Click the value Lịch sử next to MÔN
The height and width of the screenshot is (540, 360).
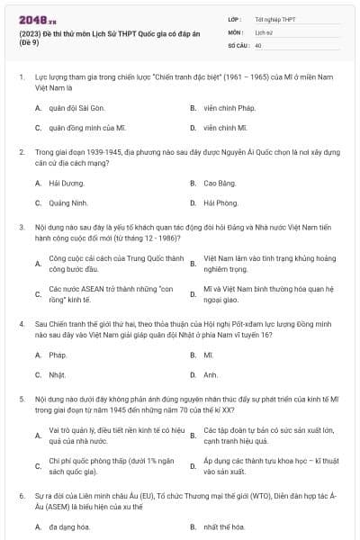click(263, 31)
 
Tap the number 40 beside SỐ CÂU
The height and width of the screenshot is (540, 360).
click(258, 43)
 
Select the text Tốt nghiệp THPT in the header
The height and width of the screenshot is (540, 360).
click(274, 18)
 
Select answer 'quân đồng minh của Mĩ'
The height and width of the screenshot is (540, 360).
click(82, 129)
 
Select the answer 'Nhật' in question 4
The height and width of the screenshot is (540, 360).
click(57, 374)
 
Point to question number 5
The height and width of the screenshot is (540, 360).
click(22, 397)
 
